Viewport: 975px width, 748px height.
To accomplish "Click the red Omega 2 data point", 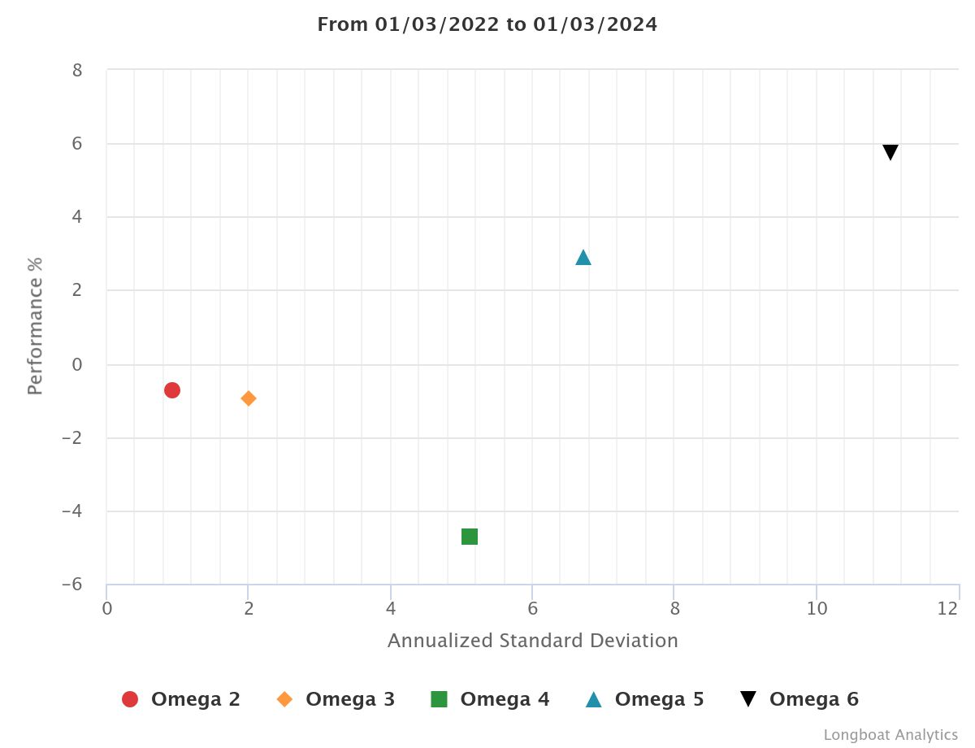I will [x=171, y=390].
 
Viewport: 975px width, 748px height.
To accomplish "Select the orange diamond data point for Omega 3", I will [x=249, y=398].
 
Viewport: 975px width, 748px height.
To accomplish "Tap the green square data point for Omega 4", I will [x=470, y=537].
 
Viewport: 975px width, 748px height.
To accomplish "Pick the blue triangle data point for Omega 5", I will [x=583, y=258].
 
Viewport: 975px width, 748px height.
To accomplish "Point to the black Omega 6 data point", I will [x=890, y=152].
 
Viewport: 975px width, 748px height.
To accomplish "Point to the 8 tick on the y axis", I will [x=77, y=70].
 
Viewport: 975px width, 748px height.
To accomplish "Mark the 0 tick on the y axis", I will [x=77, y=364].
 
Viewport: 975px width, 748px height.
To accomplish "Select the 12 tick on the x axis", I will [x=947, y=608].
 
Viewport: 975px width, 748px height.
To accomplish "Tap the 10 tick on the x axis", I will [x=817, y=608].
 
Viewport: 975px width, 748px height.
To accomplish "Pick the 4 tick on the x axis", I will [x=391, y=608].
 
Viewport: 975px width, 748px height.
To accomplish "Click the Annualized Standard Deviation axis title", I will [x=532, y=641].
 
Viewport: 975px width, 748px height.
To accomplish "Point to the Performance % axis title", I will [x=35, y=326].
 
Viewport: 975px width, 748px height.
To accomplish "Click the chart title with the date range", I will [x=487, y=24].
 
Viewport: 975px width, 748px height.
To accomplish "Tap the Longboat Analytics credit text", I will [x=890, y=735].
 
